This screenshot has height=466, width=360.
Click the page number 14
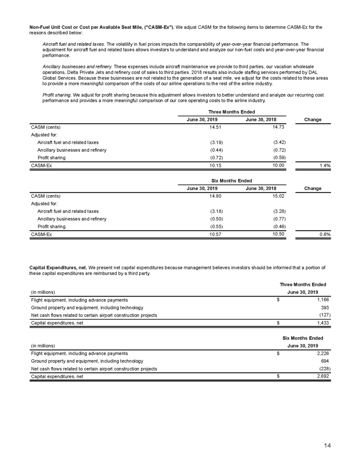(328, 446)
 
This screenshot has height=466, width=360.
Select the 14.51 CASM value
(216, 127)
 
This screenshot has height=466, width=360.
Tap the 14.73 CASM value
(275, 127)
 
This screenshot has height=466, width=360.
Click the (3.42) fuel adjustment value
(275, 142)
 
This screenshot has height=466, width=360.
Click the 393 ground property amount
(326, 307)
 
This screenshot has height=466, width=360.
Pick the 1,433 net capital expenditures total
(323, 323)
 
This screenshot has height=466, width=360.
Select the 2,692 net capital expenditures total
(323, 376)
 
